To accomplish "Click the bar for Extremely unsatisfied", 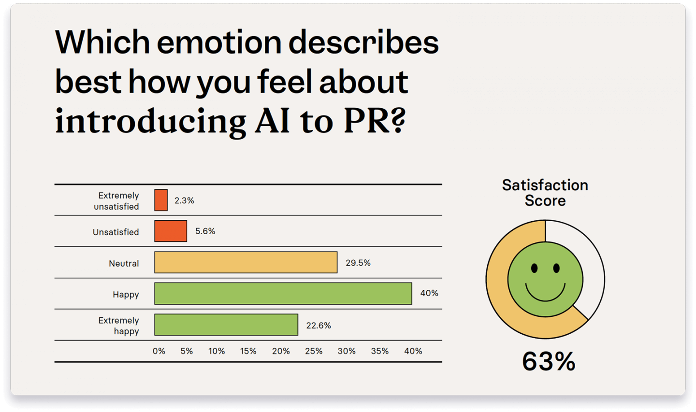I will coord(161,200).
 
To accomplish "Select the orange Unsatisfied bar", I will coord(171,231).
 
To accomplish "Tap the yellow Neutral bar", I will coord(246,262).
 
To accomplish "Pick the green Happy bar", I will coord(283,294).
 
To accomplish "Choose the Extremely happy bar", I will coord(226,325).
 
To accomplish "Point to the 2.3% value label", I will coord(184,200).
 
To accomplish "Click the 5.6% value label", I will coord(205,231).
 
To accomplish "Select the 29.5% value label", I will coord(358,263).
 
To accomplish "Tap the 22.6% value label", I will coord(319,326).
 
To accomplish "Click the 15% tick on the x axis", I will coord(248,351).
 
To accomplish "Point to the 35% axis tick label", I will coord(379,351).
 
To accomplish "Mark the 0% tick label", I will coord(159,351).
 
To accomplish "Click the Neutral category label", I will coord(124,263).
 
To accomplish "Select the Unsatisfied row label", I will coord(116,232).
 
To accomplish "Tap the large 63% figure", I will coord(549,361).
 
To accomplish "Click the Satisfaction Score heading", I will coord(545,192).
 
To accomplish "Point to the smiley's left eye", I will coord(534,268).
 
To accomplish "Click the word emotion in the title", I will coord(219,42).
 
